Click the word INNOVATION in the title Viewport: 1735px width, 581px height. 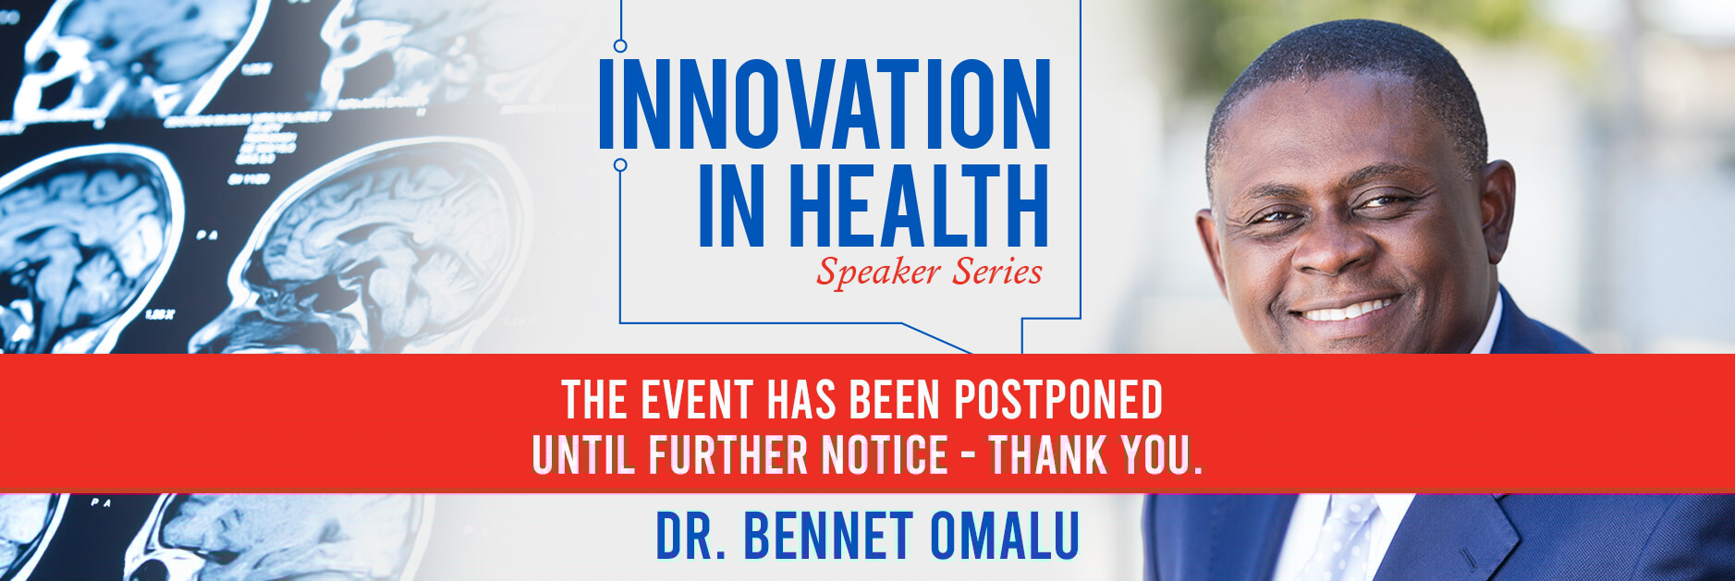click(825, 103)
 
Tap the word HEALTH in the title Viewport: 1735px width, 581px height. click(919, 206)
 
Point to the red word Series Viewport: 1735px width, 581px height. click(997, 272)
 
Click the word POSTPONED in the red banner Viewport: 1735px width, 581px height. click(1058, 400)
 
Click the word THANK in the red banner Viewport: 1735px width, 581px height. click(1049, 454)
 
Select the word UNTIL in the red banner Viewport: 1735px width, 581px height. click(583, 454)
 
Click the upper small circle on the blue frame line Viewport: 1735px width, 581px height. click(620, 45)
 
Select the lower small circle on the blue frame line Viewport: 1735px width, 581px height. click(620, 165)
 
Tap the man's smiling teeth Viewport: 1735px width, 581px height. click(1347, 309)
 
